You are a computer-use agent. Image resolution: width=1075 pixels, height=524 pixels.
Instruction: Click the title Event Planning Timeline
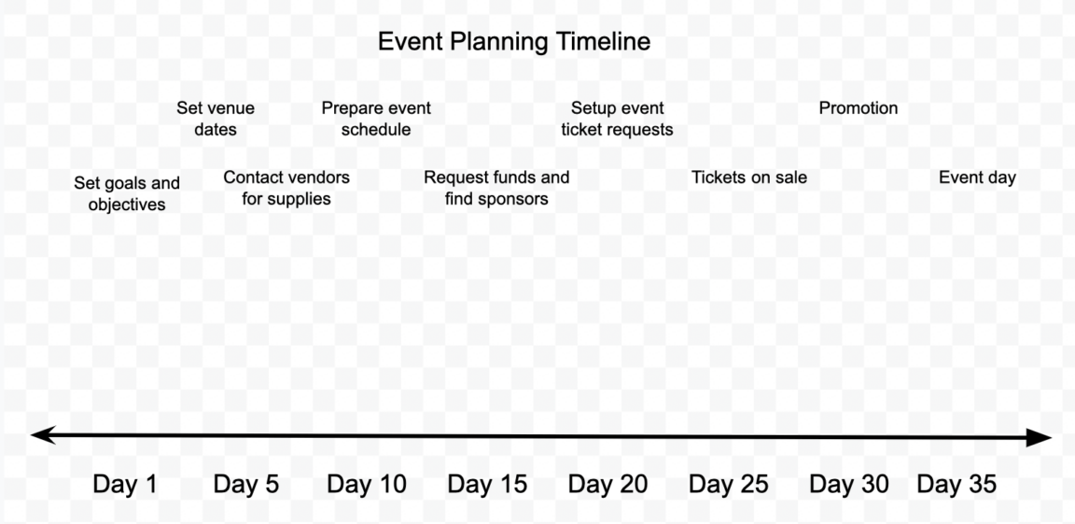513,42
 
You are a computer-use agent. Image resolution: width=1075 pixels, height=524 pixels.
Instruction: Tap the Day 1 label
125,484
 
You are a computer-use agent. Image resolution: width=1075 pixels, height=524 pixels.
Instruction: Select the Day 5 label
246,484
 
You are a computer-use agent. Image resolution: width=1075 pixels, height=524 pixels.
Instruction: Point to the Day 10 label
367,484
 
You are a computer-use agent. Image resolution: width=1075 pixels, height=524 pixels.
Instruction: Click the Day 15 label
487,484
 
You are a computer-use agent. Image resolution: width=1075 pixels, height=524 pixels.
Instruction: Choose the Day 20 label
607,484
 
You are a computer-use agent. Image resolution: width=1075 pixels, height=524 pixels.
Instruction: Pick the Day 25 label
729,484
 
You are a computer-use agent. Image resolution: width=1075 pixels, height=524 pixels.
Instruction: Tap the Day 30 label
849,484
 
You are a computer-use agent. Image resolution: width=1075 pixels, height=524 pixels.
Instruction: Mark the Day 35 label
956,484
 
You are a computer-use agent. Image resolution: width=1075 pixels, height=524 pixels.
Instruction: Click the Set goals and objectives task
127,193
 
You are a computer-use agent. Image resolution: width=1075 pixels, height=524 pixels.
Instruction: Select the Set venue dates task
216,119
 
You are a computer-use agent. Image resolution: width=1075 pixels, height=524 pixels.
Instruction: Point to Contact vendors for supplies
286,188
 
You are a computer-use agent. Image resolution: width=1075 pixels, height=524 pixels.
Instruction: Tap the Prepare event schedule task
376,119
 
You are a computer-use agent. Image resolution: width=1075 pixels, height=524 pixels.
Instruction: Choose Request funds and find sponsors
496,188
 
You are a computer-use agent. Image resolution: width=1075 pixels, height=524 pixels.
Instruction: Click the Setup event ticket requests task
617,119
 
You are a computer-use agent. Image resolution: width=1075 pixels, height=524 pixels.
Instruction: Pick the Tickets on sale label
749,177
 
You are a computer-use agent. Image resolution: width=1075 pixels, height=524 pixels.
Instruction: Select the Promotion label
859,108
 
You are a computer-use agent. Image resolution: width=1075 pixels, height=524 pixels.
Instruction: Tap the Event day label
977,177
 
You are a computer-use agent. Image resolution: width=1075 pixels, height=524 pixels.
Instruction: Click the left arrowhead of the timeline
41,434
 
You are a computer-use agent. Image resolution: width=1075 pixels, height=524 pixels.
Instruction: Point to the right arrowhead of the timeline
1040,437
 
